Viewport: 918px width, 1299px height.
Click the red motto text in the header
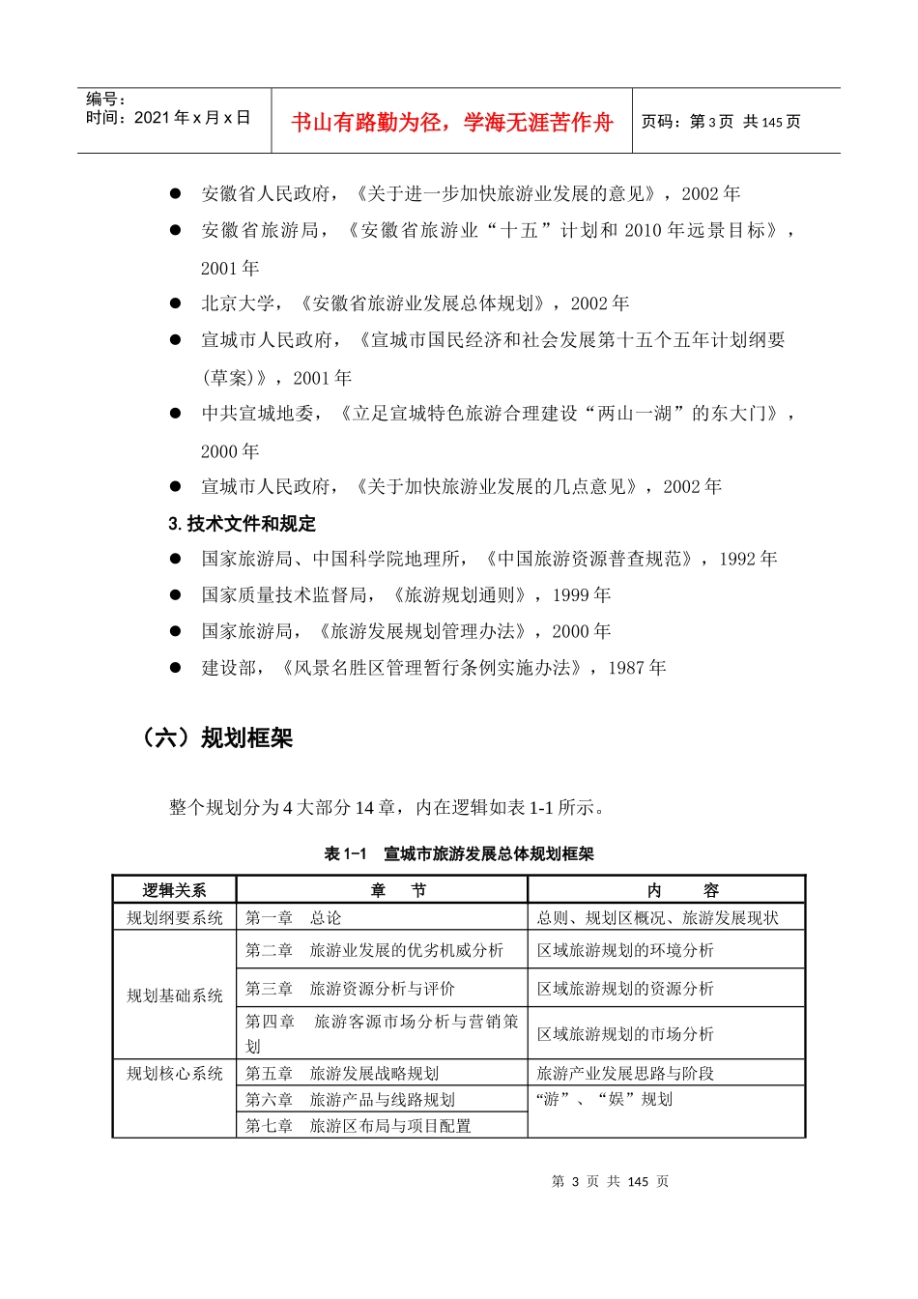pyautogui.click(x=451, y=122)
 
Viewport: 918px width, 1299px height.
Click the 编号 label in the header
pyautogui.click(x=105, y=99)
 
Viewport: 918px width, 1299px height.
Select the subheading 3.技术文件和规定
pyautogui.click(x=242, y=524)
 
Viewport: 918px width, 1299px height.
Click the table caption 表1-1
pyautogui.click(x=346, y=854)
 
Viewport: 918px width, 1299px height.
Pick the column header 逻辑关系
pyautogui.click(x=174, y=890)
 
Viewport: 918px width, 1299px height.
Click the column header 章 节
pyautogui.click(x=383, y=890)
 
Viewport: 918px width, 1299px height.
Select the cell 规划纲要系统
pyautogui.click(x=175, y=917)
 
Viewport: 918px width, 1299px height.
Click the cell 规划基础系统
pyautogui.click(x=175, y=996)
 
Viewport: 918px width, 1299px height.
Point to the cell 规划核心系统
pyautogui.click(x=175, y=1073)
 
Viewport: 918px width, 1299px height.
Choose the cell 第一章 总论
pyautogui.click(x=293, y=917)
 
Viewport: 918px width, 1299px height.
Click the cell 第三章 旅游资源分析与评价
pyautogui.click(x=350, y=989)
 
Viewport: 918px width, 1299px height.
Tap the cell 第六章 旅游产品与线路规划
pyautogui.click(x=350, y=1099)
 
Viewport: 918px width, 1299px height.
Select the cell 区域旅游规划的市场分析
pyautogui.click(x=625, y=1034)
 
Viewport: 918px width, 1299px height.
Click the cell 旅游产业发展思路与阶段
pyautogui.click(x=625, y=1073)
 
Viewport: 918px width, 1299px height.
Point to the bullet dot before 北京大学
pyautogui.click(x=175, y=303)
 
